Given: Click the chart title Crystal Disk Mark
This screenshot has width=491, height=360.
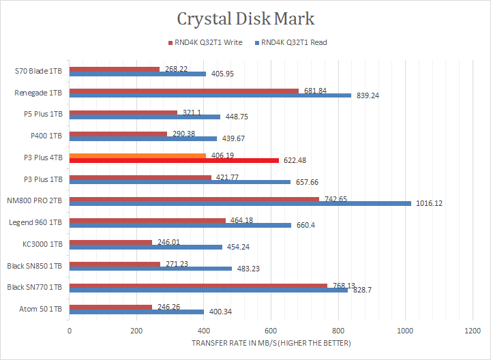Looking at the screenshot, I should (245, 18).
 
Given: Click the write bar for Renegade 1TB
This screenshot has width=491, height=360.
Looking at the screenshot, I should (184, 91).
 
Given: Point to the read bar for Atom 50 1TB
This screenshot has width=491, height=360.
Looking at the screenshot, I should (136, 312).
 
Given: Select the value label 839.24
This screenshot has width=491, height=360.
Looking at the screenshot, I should (367, 95).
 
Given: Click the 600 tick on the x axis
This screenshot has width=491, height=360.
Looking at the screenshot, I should (271, 331).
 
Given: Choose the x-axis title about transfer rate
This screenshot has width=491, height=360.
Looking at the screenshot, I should (271, 343).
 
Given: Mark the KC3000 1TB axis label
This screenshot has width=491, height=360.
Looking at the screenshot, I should (42, 243).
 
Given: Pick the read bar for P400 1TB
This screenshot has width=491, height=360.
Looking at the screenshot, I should (143, 138).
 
